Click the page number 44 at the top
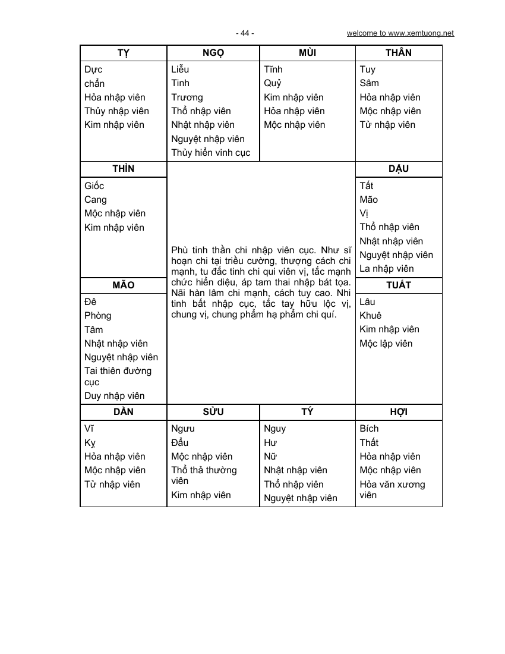[244, 33]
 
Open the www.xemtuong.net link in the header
[400, 33]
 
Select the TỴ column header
[123, 53]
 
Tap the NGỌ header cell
[213, 53]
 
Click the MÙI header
[307, 53]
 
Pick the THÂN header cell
[398, 53]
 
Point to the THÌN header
[123, 169]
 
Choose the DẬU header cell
[398, 169]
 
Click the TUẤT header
[398, 285]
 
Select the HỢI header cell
[398, 412]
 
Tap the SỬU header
[213, 412]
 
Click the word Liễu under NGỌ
[180, 70]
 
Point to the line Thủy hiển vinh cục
[211, 153]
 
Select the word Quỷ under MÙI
[273, 83]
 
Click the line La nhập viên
[387, 269]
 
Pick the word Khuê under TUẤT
[371, 316]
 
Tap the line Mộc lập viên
[386, 344]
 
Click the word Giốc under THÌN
[94, 186]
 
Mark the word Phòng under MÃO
[97, 316]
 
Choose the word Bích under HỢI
[369, 429]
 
